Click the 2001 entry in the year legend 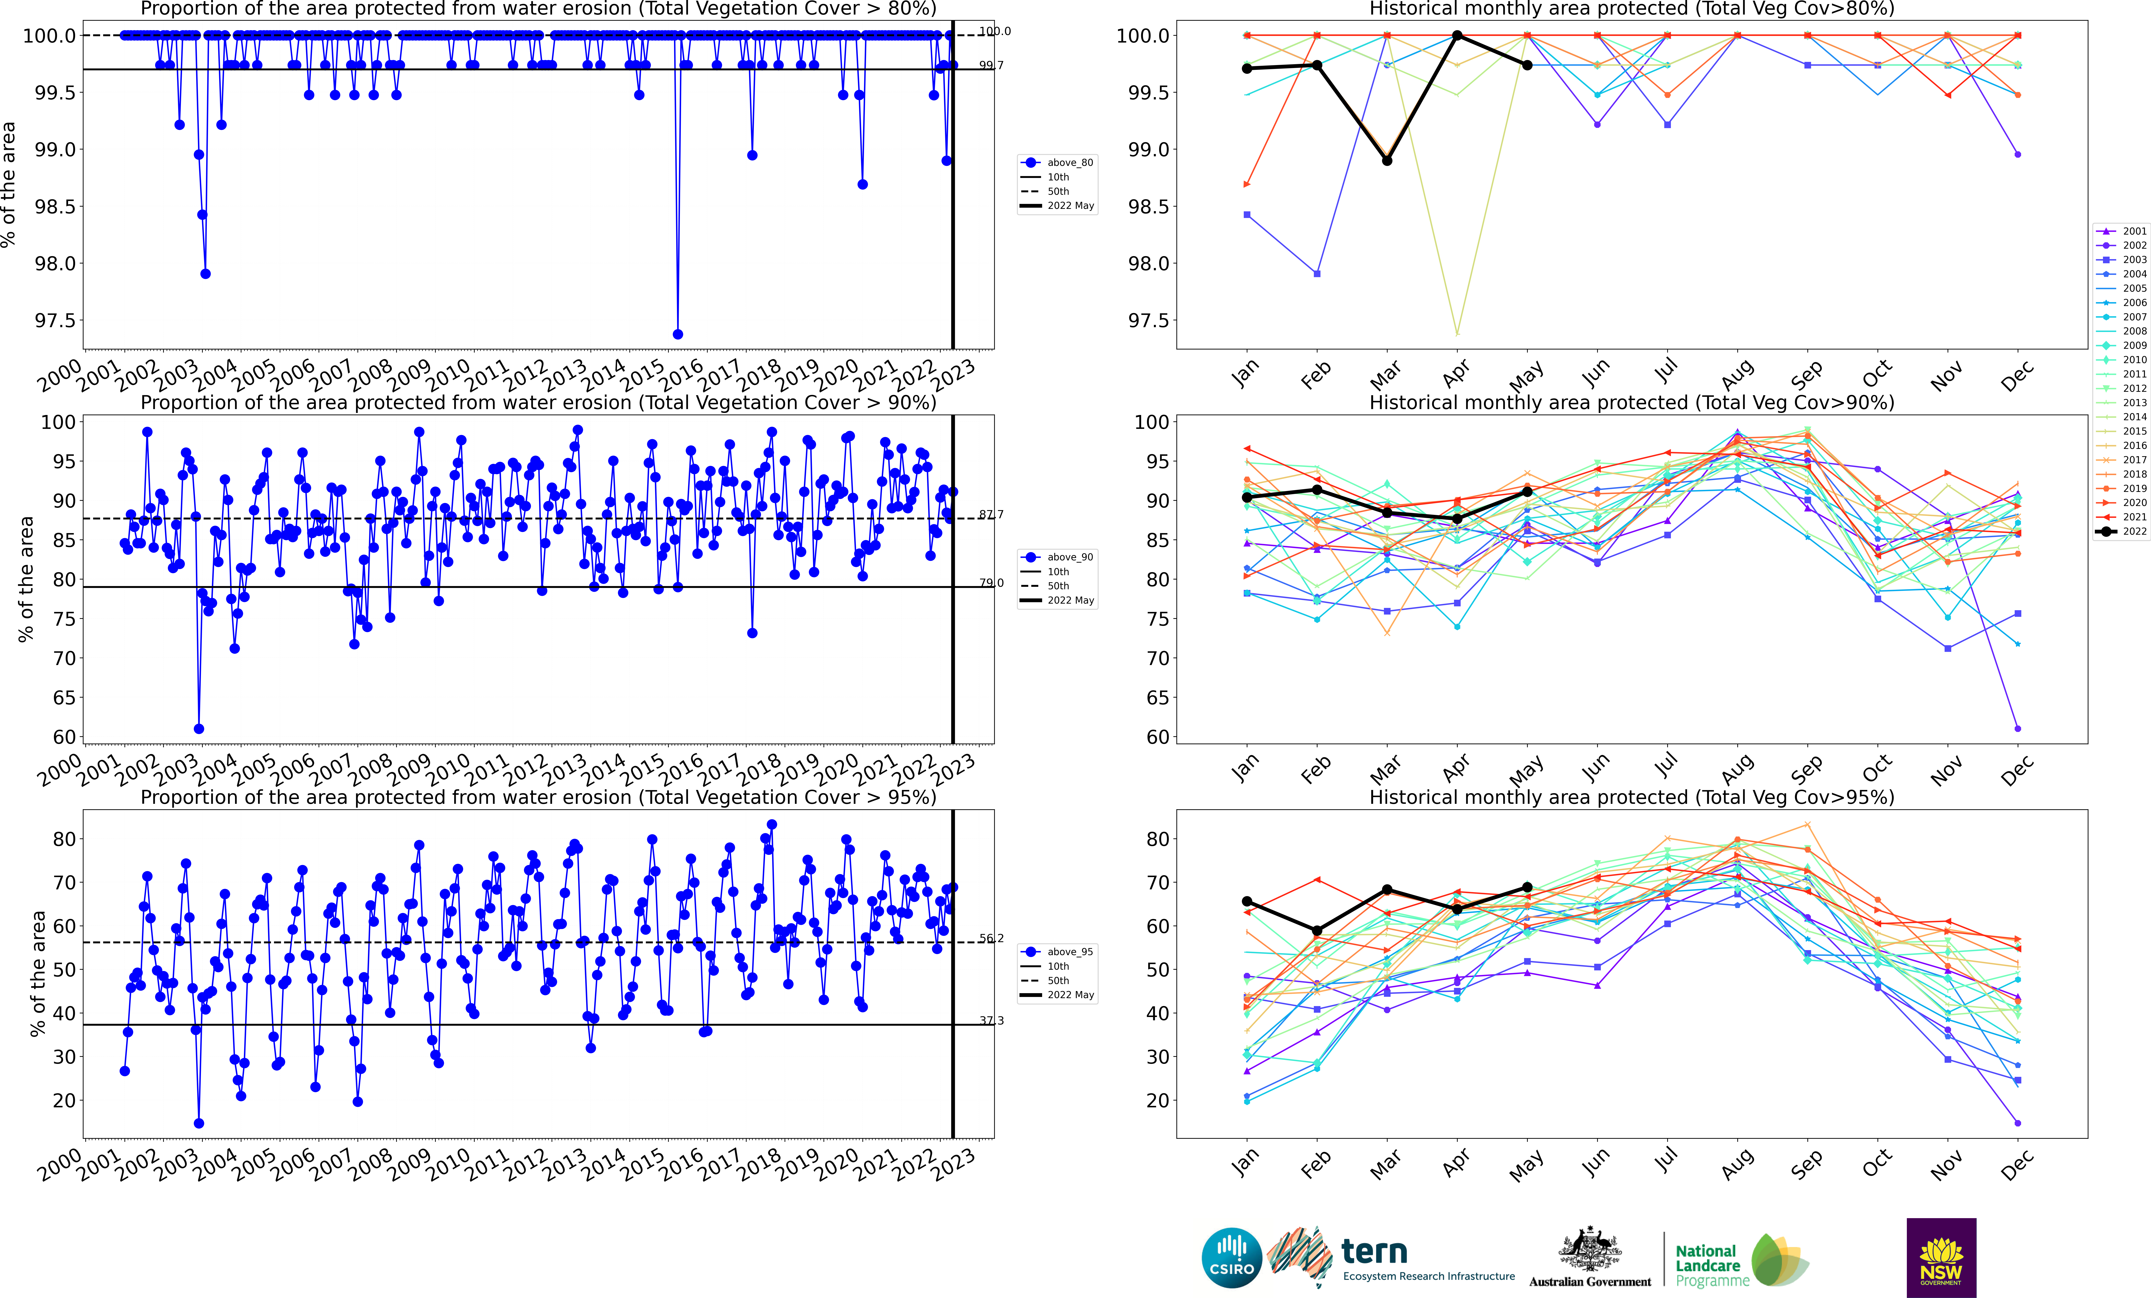point(2123,231)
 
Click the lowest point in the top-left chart point(677,334)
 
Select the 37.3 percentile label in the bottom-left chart point(991,1020)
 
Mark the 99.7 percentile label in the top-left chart point(991,66)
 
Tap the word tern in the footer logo point(1374,1252)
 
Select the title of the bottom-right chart point(1632,797)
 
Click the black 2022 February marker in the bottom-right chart point(1317,931)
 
